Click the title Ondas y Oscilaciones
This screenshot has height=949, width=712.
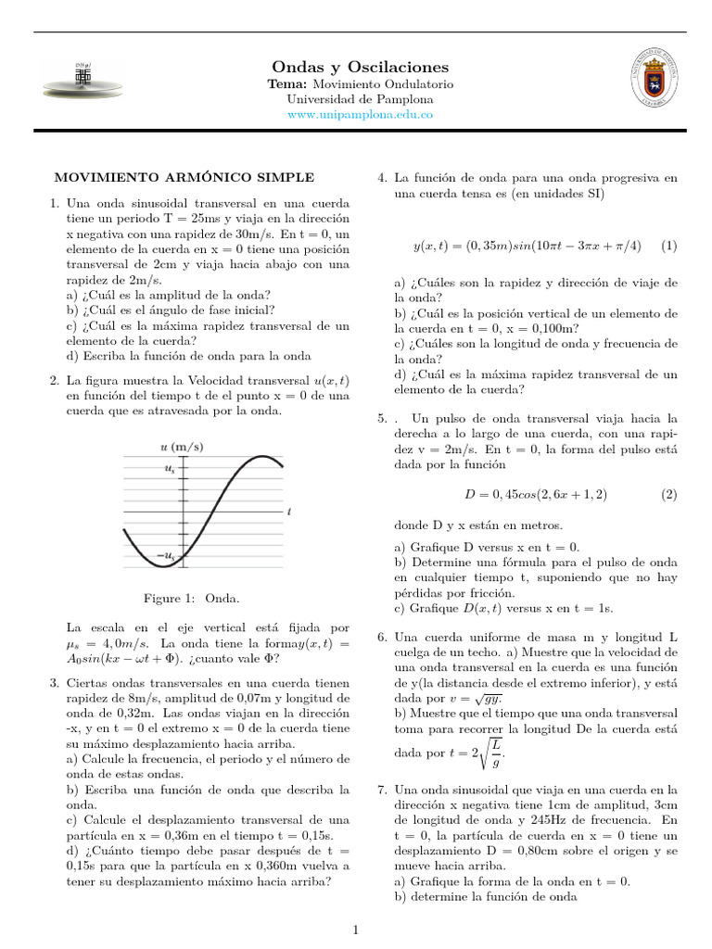coord(347,67)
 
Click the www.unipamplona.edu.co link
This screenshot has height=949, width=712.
coord(347,114)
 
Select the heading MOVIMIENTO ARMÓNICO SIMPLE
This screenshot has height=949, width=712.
coord(184,177)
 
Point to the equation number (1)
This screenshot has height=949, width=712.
coord(669,246)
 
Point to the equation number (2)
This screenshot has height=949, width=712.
coord(669,495)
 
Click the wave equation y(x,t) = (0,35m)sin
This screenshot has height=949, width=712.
coord(526,246)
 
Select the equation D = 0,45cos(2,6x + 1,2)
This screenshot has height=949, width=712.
coord(536,495)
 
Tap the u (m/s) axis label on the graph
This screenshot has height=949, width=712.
coord(183,447)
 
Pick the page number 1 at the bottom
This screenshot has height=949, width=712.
coord(356,929)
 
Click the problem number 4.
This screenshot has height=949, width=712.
coord(382,177)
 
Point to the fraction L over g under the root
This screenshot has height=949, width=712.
coord(496,753)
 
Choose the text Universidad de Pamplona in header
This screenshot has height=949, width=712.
coord(347,98)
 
